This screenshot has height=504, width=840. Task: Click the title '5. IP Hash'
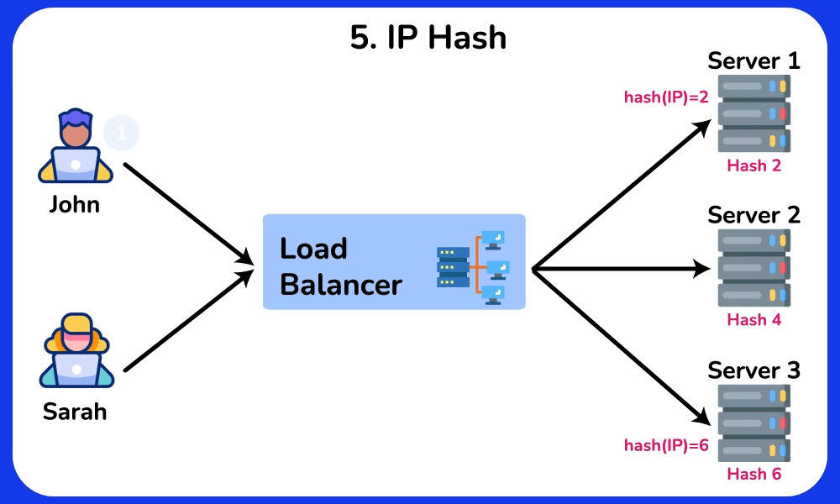point(428,37)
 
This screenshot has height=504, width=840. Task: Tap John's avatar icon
point(76,146)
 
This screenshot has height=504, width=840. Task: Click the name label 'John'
point(75,204)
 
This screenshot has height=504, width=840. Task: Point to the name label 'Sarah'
point(75,412)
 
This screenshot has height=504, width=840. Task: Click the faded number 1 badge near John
point(121,132)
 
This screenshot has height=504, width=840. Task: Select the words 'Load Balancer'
point(340,266)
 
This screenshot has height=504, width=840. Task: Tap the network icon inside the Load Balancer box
point(473,266)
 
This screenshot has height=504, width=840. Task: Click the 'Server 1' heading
point(753,60)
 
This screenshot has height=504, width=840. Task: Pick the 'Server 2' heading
point(753,214)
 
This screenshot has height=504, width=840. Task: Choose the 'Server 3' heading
point(753,370)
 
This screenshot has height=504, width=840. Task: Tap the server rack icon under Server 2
point(753,267)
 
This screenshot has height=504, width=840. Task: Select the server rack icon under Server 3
point(753,422)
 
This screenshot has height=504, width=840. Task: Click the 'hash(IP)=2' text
point(666,97)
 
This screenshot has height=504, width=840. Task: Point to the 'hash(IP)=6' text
point(666,445)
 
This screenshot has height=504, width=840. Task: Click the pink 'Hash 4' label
point(753,320)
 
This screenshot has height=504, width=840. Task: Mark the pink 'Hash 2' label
point(753,165)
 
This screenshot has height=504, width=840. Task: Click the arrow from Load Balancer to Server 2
point(622,270)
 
